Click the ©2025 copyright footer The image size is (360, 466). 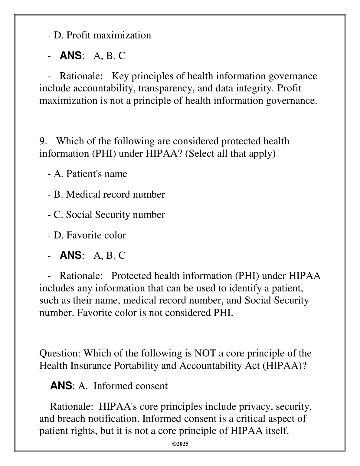(180, 444)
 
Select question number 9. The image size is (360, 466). (43, 141)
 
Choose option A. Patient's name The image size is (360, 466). (90, 174)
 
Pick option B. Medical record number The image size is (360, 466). (109, 194)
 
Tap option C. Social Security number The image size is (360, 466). (109, 215)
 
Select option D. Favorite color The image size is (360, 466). (90, 235)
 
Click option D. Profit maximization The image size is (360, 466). (102, 35)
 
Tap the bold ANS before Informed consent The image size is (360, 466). (61, 386)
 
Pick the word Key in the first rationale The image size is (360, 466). (120, 76)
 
